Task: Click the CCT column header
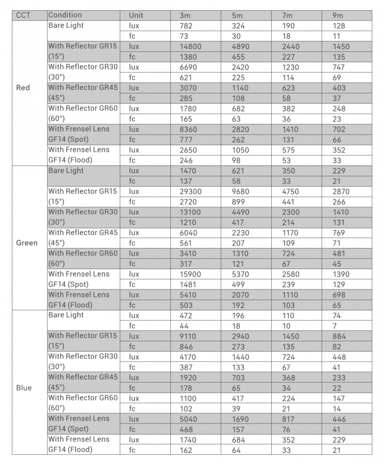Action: click(23, 15)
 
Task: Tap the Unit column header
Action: click(136, 15)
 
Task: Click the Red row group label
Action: click(23, 88)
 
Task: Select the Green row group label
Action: click(26, 243)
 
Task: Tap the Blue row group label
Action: click(24, 388)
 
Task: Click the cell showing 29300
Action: click(190, 191)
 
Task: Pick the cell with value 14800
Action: click(190, 46)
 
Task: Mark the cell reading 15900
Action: click(190, 274)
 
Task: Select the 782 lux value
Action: click(185, 25)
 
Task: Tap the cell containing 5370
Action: click(241, 274)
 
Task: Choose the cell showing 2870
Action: click(341, 191)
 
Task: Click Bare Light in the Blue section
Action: click(66, 315)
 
